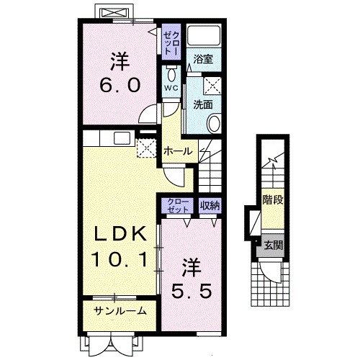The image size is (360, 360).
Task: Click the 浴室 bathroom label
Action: click(x=203, y=59)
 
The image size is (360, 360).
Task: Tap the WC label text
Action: click(x=171, y=88)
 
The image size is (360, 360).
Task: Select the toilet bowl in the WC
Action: click(x=171, y=74)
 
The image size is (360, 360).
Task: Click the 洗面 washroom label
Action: click(x=203, y=104)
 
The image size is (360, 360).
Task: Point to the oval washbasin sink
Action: click(x=215, y=123)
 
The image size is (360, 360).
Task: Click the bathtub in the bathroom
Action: click(x=204, y=35)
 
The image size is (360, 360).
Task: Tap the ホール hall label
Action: click(x=178, y=151)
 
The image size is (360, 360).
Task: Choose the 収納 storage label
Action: click(x=210, y=205)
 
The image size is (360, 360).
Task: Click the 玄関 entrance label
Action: click(x=274, y=246)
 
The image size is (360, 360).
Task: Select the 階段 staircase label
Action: click(x=273, y=199)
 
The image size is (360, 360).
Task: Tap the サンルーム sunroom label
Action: click(x=120, y=311)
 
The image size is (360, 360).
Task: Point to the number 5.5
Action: click(x=192, y=291)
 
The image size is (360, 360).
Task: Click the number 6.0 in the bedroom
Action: click(x=120, y=85)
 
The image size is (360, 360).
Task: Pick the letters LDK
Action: click(x=120, y=234)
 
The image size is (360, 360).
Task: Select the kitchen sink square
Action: click(x=122, y=138)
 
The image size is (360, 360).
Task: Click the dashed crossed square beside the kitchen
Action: click(x=146, y=148)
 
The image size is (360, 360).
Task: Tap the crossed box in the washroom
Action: click(x=212, y=85)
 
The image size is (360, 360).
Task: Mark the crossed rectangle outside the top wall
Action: click(x=113, y=12)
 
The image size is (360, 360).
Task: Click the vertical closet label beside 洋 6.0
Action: click(x=171, y=42)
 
